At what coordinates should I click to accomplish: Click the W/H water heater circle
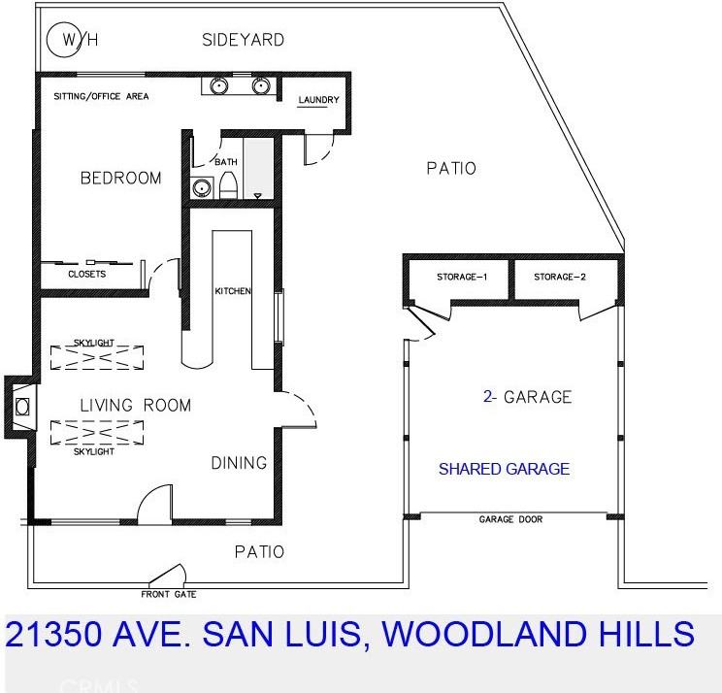[x=68, y=39]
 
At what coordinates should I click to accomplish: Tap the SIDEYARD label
[x=243, y=40]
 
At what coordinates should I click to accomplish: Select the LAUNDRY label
[x=318, y=100]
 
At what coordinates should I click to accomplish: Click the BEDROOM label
[x=120, y=178]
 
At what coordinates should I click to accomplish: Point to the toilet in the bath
[x=229, y=183]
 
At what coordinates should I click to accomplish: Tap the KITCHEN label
[x=233, y=291]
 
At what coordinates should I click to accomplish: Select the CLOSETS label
[x=86, y=274]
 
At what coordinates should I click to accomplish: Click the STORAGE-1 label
[x=461, y=277]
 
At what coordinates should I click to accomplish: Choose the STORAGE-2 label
[x=560, y=277]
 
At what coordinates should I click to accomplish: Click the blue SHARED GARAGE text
[x=504, y=469]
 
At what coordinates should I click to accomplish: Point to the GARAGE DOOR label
[x=510, y=520]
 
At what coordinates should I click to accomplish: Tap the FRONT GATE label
[x=170, y=594]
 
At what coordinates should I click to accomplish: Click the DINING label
[x=239, y=463]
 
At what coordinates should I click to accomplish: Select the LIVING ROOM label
[x=135, y=405]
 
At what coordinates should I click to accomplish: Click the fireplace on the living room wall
[x=21, y=406]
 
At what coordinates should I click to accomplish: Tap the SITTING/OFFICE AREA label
[x=101, y=96]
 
